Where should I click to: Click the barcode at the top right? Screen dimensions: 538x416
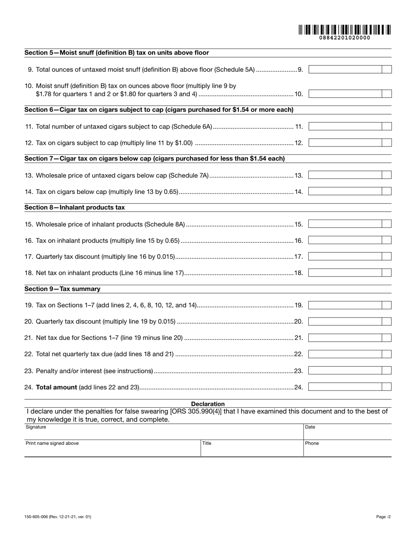[345, 30]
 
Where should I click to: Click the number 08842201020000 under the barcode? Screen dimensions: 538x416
[345, 38]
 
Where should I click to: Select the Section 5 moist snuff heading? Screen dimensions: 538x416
[116, 53]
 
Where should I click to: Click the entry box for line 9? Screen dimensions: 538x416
[345, 69]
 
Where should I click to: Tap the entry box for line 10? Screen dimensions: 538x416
[345, 94]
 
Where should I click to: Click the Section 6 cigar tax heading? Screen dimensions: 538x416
[159, 110]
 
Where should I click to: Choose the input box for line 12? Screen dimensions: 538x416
[345, 143]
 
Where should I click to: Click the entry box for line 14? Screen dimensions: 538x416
[345, 191]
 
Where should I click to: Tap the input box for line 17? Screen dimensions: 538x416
[345, 256]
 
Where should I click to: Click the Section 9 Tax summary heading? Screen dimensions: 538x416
[62, 289]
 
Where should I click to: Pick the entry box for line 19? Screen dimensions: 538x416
[345, 305]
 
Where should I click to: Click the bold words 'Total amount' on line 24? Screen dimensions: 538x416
[56, 387]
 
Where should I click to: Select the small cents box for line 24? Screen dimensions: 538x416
[386, 387]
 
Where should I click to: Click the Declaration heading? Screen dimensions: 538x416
[208, 404]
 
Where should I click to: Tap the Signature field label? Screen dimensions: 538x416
[36, 427]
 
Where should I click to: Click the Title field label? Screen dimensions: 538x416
[207, 443]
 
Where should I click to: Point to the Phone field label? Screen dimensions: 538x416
[312, 443]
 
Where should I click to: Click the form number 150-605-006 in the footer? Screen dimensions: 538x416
[38, 517]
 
